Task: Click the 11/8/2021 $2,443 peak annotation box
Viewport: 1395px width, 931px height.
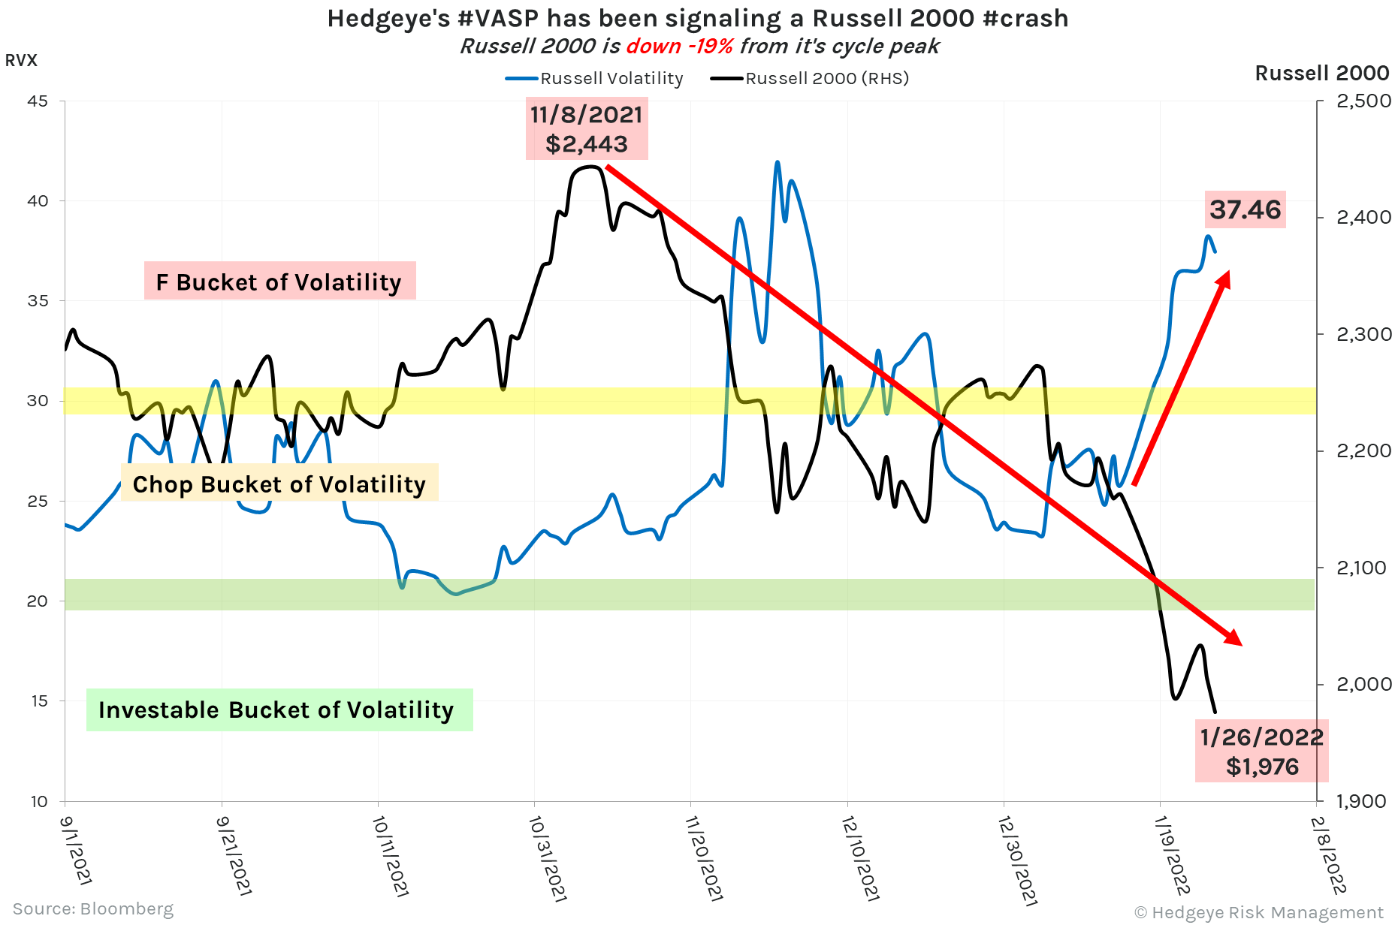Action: pyautogui.click(x=587, y=128)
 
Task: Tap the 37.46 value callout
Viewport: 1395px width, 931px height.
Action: pyautogui.click(x=1245, y=209)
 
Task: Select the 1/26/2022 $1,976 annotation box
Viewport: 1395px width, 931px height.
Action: pyautogui.click(x=1261, y=752)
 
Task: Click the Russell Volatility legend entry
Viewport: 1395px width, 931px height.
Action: pyautogui.click(x=595, y=78)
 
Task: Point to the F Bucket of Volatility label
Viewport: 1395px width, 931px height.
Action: pyautogui.click(x=279, y=282)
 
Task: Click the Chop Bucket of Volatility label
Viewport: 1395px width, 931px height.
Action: pyautogui.click(x=279, y=484)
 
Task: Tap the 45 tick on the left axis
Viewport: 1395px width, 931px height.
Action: pyautogui.click(x=38, y=101)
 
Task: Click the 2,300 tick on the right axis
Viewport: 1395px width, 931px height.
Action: pyautogui.click(x=1363, y=334)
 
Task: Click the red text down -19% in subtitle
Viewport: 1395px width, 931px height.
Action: pyautogui.click(x=679, y=47)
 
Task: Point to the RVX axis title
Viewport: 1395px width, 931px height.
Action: pyautogui.click(x=21, y=60)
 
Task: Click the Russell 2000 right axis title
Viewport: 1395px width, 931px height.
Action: pyautogui.click(x=1321, y=73)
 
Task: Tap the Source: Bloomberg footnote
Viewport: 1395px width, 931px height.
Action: pyautogui.click(x=93, y=908)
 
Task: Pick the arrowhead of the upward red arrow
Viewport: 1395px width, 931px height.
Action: pyautogui.click(x=1224, y=279)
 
